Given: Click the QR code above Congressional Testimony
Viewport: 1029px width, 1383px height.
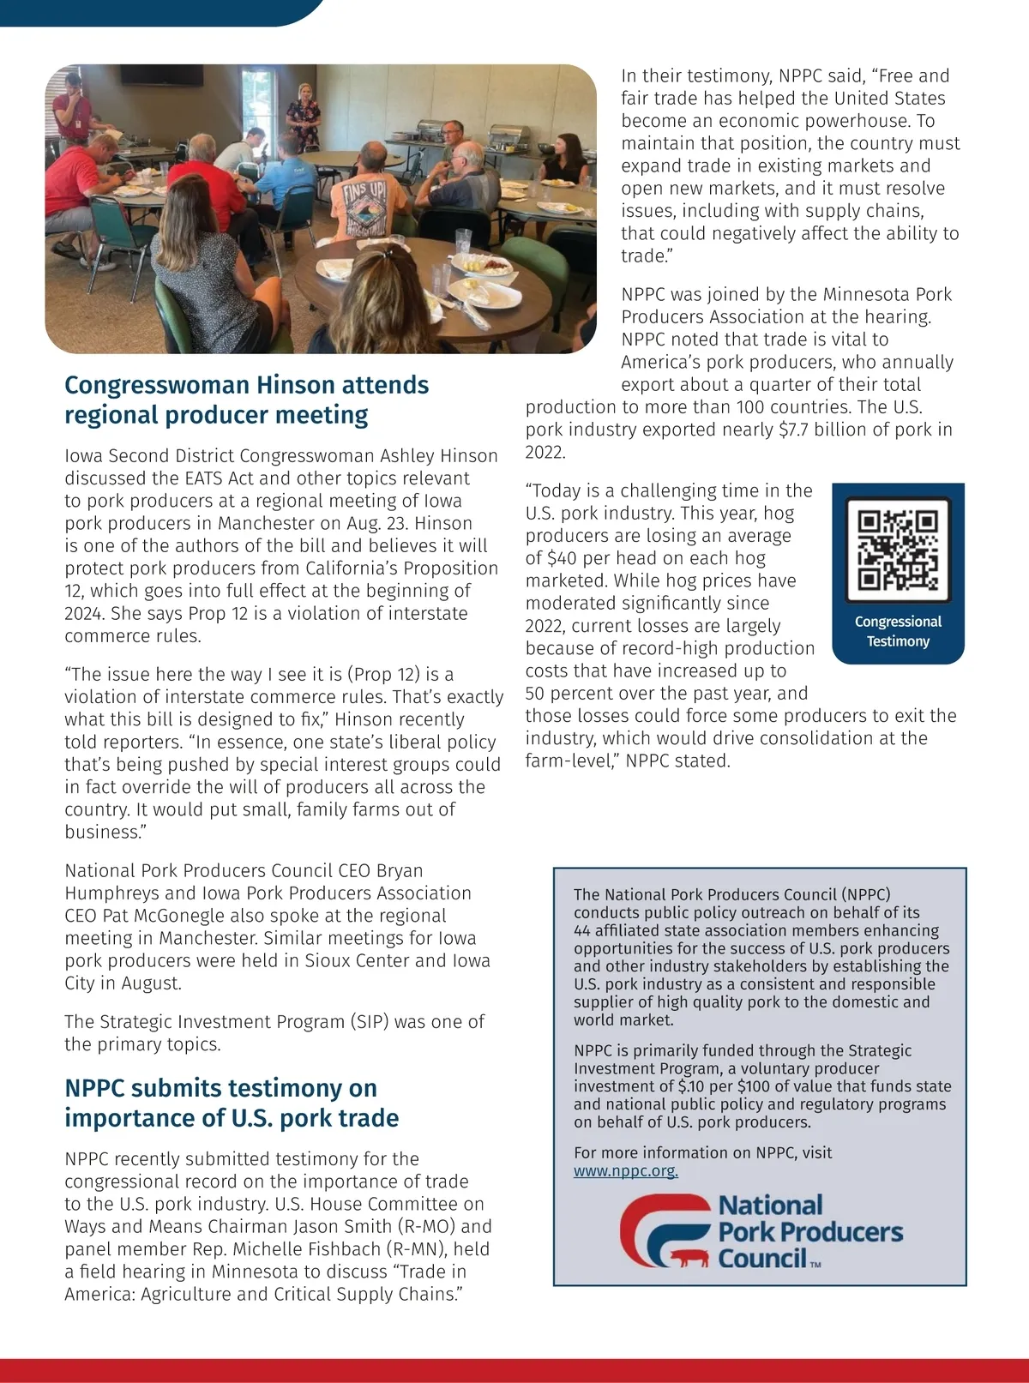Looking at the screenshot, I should [x=898, y=550].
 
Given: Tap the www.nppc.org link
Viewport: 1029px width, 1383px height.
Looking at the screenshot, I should [x=626, y=1171].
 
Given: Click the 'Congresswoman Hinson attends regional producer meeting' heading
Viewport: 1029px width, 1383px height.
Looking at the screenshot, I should [x=247, y=400].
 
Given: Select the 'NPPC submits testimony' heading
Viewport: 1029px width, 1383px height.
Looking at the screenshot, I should [x=232, y=1103].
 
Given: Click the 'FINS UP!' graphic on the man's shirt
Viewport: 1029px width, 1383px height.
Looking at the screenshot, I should [x=365, y=194].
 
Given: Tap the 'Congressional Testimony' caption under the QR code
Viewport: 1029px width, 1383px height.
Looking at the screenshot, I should [x=898, y=631].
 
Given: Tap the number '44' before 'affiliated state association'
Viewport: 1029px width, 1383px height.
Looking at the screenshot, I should [x=582, y=930].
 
